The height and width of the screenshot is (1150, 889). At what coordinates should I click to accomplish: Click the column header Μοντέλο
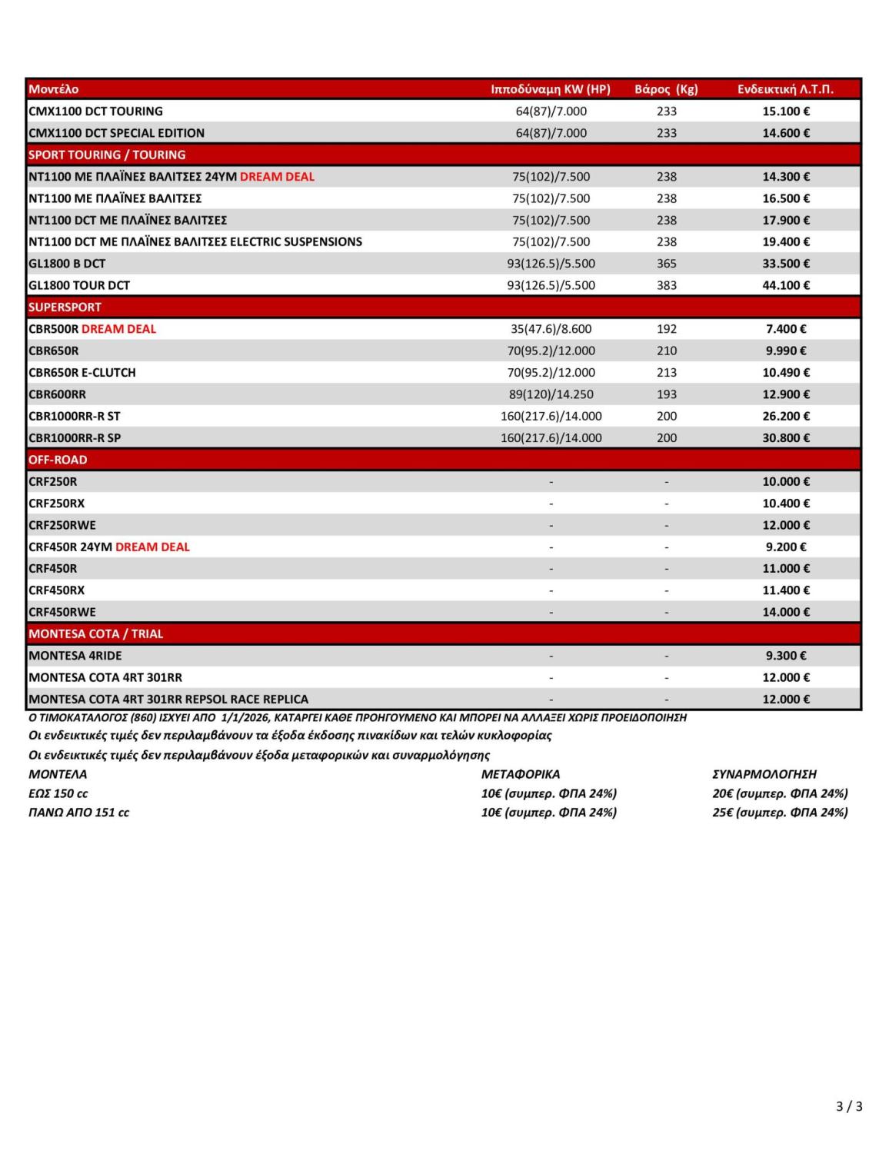(x=53, y=89)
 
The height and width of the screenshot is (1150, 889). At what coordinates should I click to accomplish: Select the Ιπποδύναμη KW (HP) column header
(x=551, y=89)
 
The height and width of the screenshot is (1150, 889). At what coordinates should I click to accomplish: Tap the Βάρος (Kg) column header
(x=666, y=89)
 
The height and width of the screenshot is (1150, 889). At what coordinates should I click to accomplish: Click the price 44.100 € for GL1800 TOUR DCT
(x=785, y=285)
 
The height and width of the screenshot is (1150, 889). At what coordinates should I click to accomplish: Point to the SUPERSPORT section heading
(x=65, y=307)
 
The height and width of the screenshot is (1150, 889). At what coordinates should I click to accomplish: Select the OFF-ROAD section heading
(x=58, y=460)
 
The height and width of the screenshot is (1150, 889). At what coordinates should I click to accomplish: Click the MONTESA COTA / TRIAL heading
(x=95, y=634)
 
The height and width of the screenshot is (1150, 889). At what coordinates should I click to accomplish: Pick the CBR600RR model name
(x=57, y=394)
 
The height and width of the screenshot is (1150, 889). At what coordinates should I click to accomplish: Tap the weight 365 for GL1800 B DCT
(x=666, y=264)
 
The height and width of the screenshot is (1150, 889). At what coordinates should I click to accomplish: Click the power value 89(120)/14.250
(x=551, y=394)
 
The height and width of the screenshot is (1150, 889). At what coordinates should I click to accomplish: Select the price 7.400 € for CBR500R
(x=785, y=329)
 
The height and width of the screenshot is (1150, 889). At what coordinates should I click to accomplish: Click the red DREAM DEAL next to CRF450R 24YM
(x=152, y=547)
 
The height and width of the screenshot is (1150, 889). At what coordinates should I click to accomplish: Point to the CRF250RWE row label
(x=62, y=525)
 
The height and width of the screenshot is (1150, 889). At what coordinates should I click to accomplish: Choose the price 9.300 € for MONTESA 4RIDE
(x=785, y=656)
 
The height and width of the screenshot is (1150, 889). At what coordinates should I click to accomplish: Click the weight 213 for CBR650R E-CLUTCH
(x=666, y=373)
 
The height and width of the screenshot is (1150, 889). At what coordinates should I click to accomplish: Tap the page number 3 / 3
(x=849, y=1106)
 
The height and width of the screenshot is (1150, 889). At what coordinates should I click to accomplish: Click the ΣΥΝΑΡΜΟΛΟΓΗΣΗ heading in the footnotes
(x=764, y=774)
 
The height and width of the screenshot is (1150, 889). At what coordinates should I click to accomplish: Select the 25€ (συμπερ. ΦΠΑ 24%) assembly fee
(x=780, y=813)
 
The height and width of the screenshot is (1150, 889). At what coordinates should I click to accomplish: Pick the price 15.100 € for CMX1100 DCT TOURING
(x=785, y=111)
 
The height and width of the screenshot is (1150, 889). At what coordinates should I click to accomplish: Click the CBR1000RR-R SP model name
(x=75, y=438)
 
